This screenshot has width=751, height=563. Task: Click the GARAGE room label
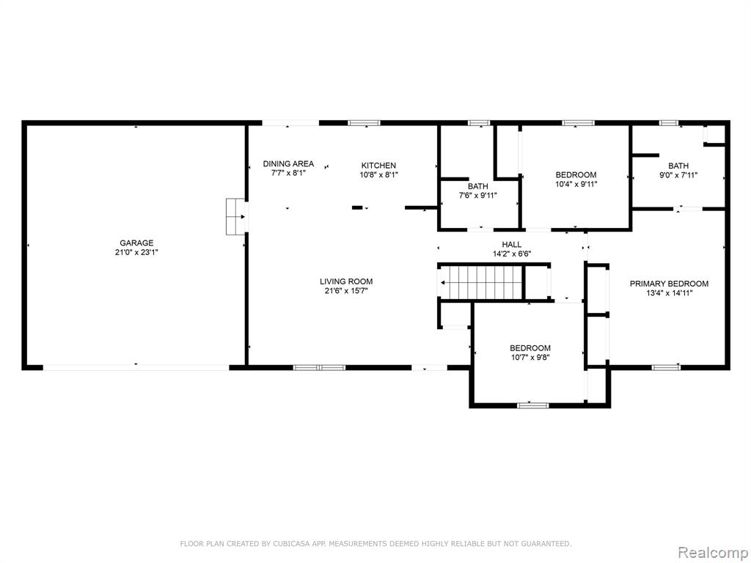(136, 243)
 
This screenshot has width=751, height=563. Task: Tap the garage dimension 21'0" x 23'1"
(136, 252)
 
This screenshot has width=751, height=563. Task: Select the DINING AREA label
(288, 163)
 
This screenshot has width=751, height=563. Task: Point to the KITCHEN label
(378, 166)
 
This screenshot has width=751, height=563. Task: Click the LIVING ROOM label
(346, 281)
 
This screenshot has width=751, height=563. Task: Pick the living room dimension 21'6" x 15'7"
(346, 291)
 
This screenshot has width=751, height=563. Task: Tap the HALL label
(511, 245)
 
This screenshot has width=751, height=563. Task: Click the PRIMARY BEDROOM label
(669, 284)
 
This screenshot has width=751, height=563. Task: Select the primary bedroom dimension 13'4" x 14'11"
(669, 293)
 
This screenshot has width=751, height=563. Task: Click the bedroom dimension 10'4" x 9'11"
(576, 184)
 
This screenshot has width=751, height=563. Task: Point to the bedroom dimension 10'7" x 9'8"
(530, 357)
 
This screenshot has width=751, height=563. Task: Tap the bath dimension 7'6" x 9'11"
(478, 195)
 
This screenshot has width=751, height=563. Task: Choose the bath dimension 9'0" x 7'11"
(678, 175)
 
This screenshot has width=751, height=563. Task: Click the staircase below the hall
(481, 282)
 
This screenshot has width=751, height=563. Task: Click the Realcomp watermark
(712, 553)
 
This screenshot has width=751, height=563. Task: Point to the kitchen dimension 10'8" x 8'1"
(378, 175)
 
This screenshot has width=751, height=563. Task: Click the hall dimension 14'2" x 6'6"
(511, 254)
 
